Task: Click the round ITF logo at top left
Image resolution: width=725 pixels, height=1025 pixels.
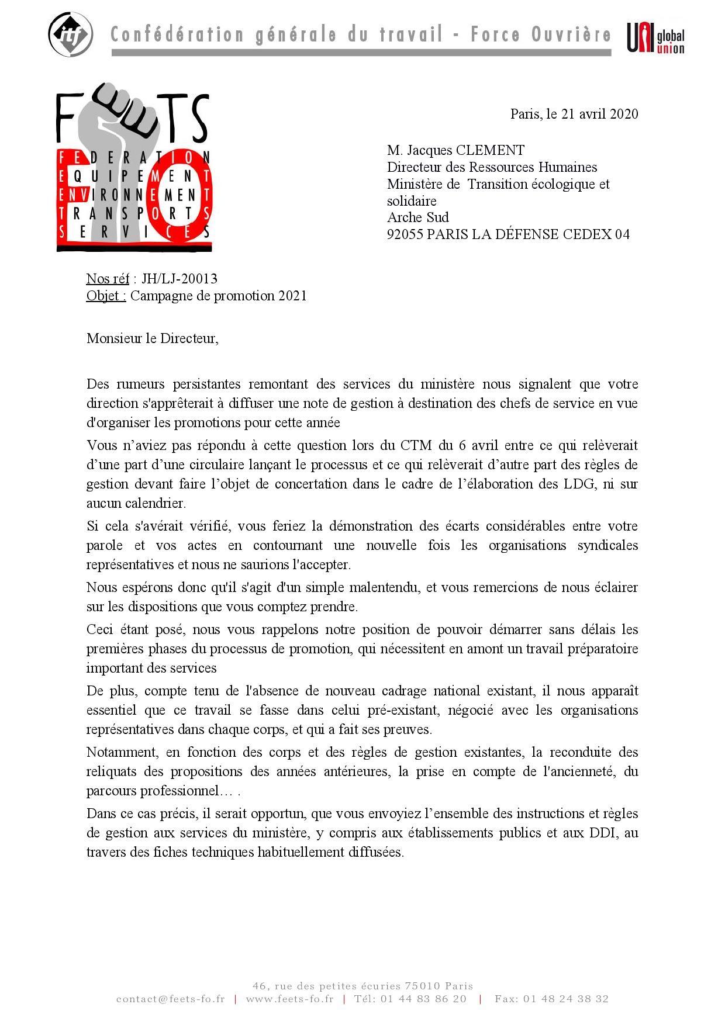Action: coord(70,34)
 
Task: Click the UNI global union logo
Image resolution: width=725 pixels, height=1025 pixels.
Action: coord(655,38)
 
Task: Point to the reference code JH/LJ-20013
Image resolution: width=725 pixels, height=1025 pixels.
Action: coord(179,279)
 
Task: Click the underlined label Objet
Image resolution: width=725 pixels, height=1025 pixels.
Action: coord(106,296)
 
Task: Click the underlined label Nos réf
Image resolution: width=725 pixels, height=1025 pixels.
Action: coord(108,279)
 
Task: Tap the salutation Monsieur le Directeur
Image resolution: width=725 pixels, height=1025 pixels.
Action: coord(152,338)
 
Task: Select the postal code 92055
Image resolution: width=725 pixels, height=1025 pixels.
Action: coord(405,234)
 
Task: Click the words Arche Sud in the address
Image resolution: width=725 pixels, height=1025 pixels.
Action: coord(417,217)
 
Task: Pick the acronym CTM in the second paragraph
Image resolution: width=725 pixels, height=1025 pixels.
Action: coord(416,446)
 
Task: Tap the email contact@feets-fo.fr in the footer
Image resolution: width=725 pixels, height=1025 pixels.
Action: coord(170,999)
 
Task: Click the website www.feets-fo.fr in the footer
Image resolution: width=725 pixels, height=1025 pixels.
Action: coord(289,999)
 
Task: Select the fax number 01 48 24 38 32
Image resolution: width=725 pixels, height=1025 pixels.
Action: coord(566,999)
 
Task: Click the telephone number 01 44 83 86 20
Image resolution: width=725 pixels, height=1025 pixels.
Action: coord(424,999)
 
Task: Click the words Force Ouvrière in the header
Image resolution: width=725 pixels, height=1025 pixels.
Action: coord(541,35)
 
